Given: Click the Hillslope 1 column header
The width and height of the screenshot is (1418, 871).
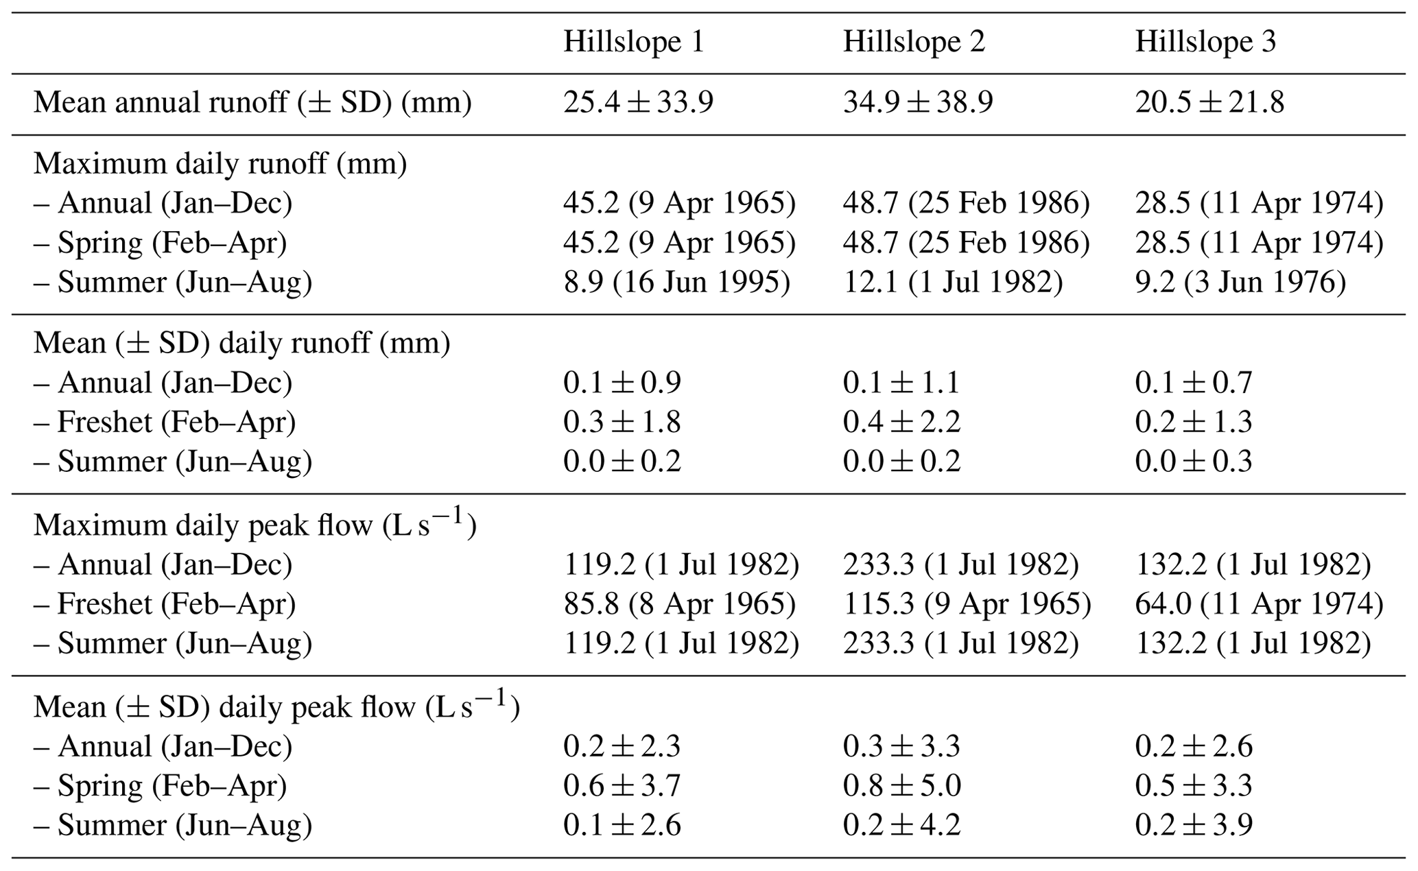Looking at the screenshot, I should coord(633,43).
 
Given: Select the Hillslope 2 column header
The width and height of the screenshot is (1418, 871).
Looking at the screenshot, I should coord(913,43).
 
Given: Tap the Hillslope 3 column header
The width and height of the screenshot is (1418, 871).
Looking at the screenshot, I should coord(1205,43).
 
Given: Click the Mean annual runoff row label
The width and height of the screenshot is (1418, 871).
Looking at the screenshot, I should coord(252,103).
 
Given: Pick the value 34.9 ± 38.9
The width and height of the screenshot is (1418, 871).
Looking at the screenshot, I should coord(917,103).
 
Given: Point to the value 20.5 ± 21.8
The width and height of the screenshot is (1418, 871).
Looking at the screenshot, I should coord(1209,103).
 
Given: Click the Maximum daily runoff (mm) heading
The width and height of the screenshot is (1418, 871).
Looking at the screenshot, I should coord(220,164).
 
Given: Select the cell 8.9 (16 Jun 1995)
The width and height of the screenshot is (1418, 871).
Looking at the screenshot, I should coord(676,283).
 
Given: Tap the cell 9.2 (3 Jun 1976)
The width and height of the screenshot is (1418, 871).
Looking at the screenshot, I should coord(1240,283).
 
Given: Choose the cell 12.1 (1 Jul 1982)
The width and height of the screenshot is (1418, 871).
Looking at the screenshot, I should coord(952,283).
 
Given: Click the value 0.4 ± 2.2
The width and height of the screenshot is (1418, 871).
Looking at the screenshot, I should coord(901,422).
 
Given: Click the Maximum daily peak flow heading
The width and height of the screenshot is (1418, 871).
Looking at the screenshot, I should coord(255,525).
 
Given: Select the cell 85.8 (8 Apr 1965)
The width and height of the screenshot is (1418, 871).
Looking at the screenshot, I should coord(679,604).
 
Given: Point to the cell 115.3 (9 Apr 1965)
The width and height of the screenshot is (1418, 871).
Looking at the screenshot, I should coord(966,604).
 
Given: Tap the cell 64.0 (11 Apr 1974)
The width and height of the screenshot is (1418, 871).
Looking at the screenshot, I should coord(1258,604).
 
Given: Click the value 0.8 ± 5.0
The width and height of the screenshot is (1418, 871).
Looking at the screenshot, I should coord(901,785).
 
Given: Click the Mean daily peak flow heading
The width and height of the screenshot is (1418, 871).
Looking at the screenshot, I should coord(276,706).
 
